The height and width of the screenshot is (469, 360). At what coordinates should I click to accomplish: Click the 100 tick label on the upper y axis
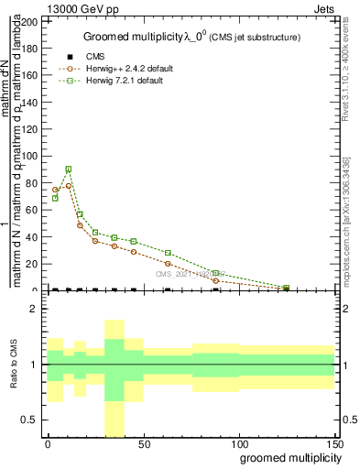pos(27,156)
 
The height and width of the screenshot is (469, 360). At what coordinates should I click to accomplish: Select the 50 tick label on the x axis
pos(143,442)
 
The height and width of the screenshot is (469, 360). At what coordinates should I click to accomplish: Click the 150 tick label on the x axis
pos(334,442)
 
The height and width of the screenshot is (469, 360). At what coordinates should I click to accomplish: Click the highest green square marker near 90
pos(69,169)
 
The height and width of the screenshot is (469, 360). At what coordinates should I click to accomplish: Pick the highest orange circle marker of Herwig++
pos(69,186)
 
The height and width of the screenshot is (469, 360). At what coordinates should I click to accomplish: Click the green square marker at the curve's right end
pos(286,288)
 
